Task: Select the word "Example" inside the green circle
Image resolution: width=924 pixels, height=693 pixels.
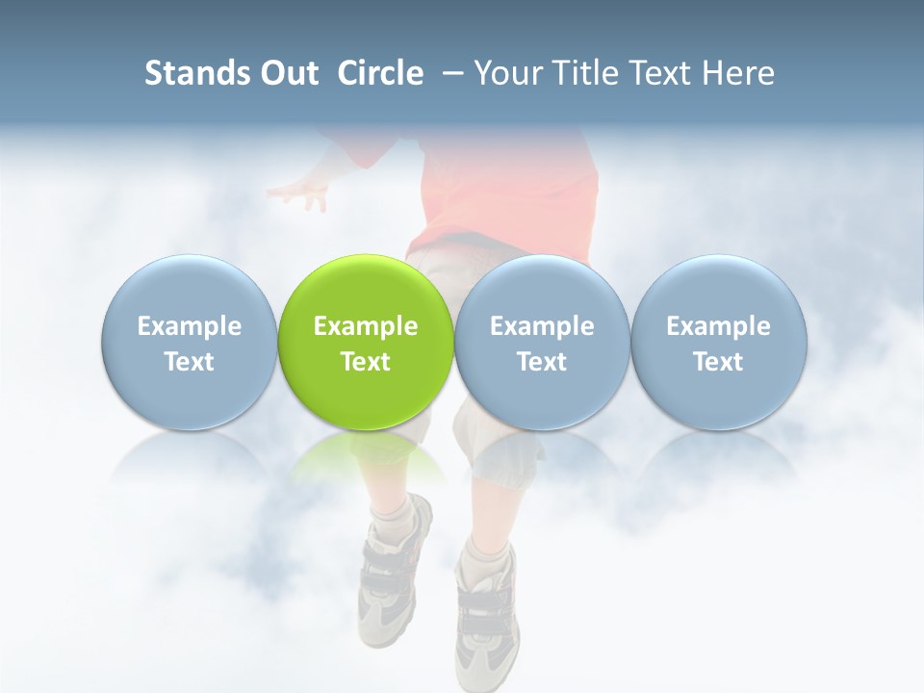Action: (366, 326)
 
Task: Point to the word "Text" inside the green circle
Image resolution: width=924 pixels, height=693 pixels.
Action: (366, 362)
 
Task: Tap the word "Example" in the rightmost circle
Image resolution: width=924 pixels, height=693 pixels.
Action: (719, 326)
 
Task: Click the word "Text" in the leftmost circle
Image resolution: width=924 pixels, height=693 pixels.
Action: (189, 362)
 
